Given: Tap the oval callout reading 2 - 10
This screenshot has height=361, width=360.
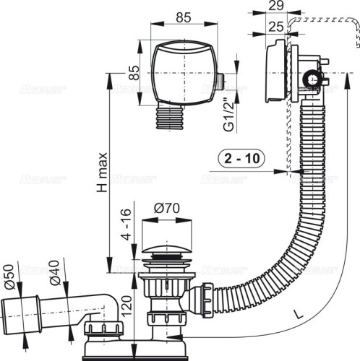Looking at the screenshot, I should pos(240,158).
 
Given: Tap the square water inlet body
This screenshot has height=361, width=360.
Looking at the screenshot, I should pos(185,72).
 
